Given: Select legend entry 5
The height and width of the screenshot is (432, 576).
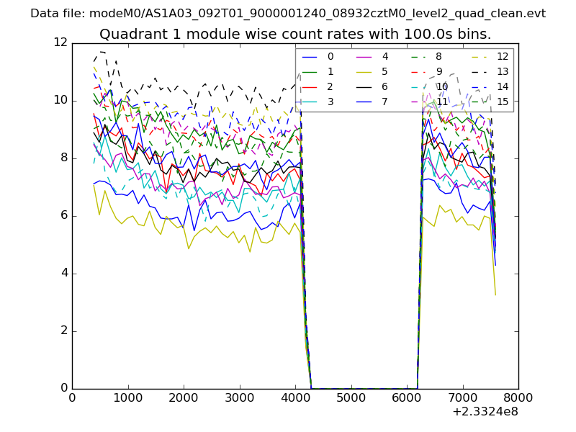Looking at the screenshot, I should [384, 71].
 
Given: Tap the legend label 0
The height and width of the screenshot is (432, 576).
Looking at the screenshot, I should [330, 56].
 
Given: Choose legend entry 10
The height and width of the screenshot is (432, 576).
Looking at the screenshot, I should [441, 86].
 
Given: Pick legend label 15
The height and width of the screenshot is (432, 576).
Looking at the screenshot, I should [502, 102].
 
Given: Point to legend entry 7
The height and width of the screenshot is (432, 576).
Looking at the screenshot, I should [384, 102].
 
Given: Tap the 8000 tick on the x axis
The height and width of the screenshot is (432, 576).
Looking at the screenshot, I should [518, 397].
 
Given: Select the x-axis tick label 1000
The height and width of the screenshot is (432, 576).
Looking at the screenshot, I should [127, 397].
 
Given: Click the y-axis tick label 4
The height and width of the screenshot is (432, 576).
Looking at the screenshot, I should [63, 273].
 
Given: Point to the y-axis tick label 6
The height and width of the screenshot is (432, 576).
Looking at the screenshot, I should [63, 215].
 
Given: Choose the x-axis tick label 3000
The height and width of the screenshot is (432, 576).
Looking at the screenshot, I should [239, 397].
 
